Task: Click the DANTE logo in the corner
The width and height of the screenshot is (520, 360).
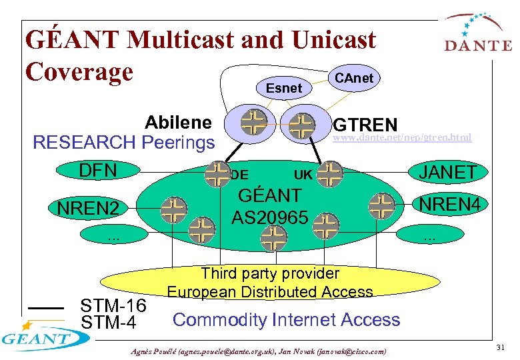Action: tap(477, 35)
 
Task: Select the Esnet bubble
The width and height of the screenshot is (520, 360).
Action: tap(284, 87)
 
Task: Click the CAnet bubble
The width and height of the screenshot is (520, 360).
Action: tap(354, 78)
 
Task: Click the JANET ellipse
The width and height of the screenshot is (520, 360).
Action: tap(447, 173)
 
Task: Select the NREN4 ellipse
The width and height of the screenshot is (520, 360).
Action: tap(447, 203)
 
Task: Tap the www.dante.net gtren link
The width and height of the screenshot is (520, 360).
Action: tap(401, 138)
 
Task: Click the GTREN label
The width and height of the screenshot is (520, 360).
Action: tap(365, 125)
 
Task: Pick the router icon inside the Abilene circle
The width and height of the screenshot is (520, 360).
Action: tap(253, 123)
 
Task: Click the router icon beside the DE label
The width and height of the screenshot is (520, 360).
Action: tap(217, 173)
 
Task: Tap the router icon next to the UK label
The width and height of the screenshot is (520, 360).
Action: tap(329, 174)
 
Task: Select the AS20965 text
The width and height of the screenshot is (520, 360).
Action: tap(269, 217)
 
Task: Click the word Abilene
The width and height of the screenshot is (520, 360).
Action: tap(178, 123)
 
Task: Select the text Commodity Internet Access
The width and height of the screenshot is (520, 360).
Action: tap(286, 320)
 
